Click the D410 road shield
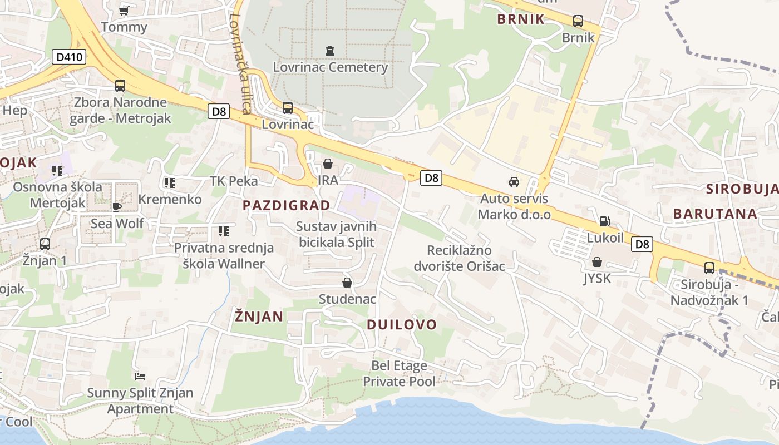pyautogui.click(x=69, y=57)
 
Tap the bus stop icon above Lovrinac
pyautogui.click(x=288, y=108)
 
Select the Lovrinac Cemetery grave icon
pyautogui.click(x=330, y=51)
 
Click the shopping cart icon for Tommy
pyautogui.click(x=124, y=11)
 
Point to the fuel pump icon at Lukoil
pyautogui.click(x=604, y=221)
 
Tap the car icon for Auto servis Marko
pyautogui.click(x=514, y=182)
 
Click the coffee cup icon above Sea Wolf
pyautogui.click(x=117, y=207)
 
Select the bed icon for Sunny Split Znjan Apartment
pyautogui.click(x=140, y=377)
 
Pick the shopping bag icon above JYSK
pyautogui.click(x=597, y=262)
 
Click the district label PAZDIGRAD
pyautogui.click(x=287, y=205)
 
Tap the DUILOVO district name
pyautogui.click(x=402, y=324)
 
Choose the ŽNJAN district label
pyautogui.click(x=259, y=317)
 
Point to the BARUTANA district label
pyautogui.click(x=715, y=214)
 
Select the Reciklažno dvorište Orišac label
pyautogui.click(x=459, y=258)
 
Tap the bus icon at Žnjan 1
pyautogui.click(x=45, y=244)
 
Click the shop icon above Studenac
pyautogui.click(x=347, y=283)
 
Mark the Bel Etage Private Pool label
pyautogui.click(x=399, y=373)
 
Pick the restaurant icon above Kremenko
pyautogui.click(x=170, y=182)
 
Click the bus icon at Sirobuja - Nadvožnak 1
pyautogui.click(x=709, y=268)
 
